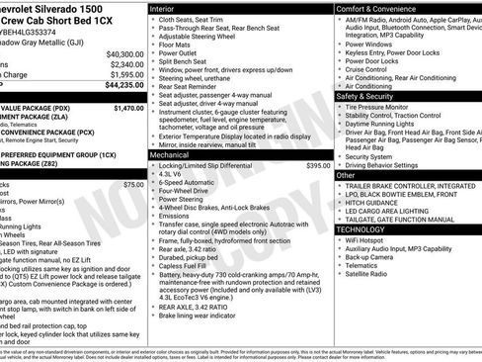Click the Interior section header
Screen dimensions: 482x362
tap(169, 7)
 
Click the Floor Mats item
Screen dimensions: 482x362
tap(176, 44)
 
